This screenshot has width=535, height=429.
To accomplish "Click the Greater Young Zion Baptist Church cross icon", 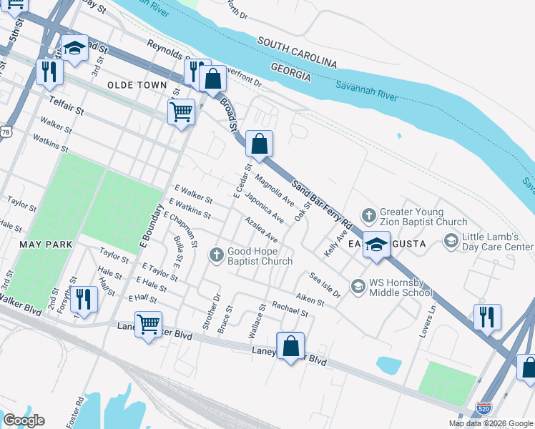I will point(368,215).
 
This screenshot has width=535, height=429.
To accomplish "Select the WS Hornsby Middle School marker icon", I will point(358,287).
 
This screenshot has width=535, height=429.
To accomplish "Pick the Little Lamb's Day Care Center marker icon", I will point(451,242).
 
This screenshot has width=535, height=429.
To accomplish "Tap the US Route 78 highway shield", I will point(6,131).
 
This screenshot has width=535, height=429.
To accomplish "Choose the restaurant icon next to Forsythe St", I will point(84,300).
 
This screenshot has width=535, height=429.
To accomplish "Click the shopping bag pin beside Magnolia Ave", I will point(259,144).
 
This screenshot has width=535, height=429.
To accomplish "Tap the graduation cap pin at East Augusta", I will point(376,245).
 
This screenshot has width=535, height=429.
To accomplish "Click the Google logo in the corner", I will point(23,420).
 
